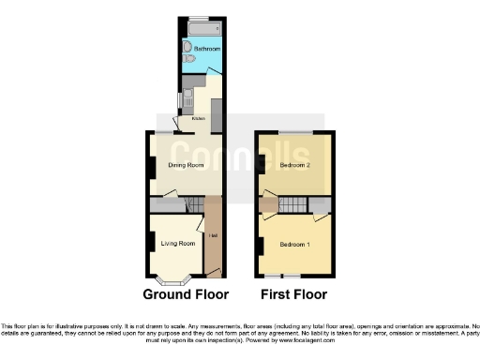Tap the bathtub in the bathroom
tap(204, 29)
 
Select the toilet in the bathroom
tap(190, 59)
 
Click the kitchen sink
tap(186, 97)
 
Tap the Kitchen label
tap(199, 118)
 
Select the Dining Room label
tap(186, 166)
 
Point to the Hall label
tap(213, 234)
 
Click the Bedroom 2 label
tap(294, 165)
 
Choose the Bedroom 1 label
tap(294, 245)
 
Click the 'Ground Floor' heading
tap(185, 294)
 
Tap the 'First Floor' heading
tap(294, 294)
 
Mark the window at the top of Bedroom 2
tap(293, 134)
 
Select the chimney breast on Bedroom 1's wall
tap(260, 246)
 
